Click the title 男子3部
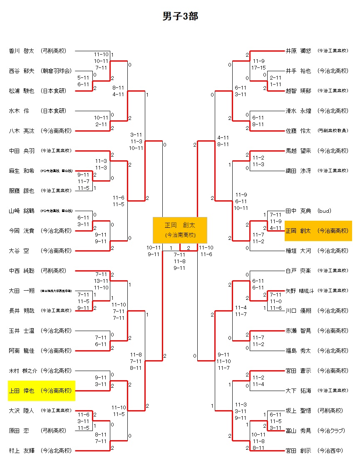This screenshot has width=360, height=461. pyautogui.click(x=180, y=16)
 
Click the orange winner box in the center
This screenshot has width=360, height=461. pyautogui.click(x=180, y=230)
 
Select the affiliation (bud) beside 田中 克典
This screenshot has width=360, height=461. pyautogui.click(x=325, y=211)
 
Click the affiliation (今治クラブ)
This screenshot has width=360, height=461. pyautogui.click(x=332, y=431)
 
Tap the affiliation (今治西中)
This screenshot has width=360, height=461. pyautogui.click(x=330, y=451)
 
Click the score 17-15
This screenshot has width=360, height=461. pyautogui.click(x=258, y=67)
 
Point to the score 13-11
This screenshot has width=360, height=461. pyautogui.click(x=102, y=281)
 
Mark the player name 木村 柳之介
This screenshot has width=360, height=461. pyautogui.click(x=22, y=371)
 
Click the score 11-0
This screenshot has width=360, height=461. pyautogui.click(x=276, y=301)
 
